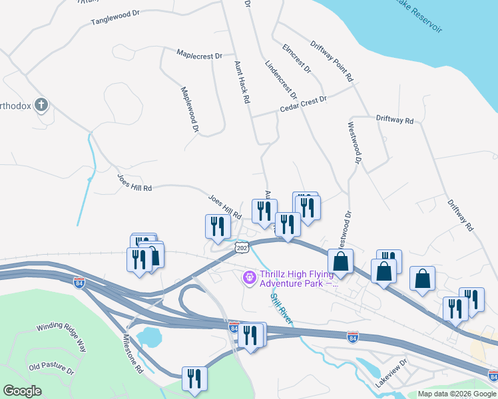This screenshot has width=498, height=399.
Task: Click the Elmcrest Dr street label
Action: point(296,58)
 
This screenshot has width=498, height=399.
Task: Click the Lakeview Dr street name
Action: point(390,376)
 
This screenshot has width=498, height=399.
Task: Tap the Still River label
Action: point(281,307)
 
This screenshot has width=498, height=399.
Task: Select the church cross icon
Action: point(41,105)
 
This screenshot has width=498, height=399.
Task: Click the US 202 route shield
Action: point(241,247)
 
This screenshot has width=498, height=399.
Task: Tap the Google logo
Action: point(22,391)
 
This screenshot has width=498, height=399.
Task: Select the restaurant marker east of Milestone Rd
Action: point(194,380)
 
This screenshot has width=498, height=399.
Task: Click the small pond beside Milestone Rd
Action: point(149,337)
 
